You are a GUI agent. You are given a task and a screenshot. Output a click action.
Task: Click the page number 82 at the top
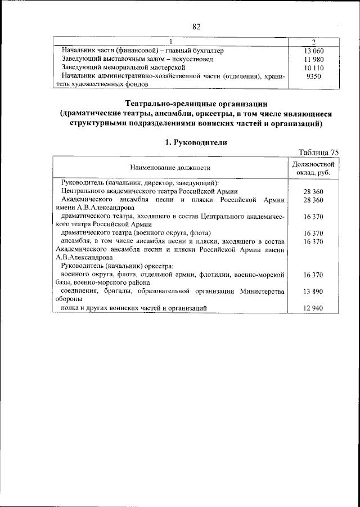tap(196, 26)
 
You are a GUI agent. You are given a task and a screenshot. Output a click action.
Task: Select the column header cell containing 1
tap(170, 41)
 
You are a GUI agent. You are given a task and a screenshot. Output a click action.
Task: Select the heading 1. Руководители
tap(196, 142)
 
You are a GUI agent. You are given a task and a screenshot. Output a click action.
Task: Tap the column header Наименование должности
tap(170, 168)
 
